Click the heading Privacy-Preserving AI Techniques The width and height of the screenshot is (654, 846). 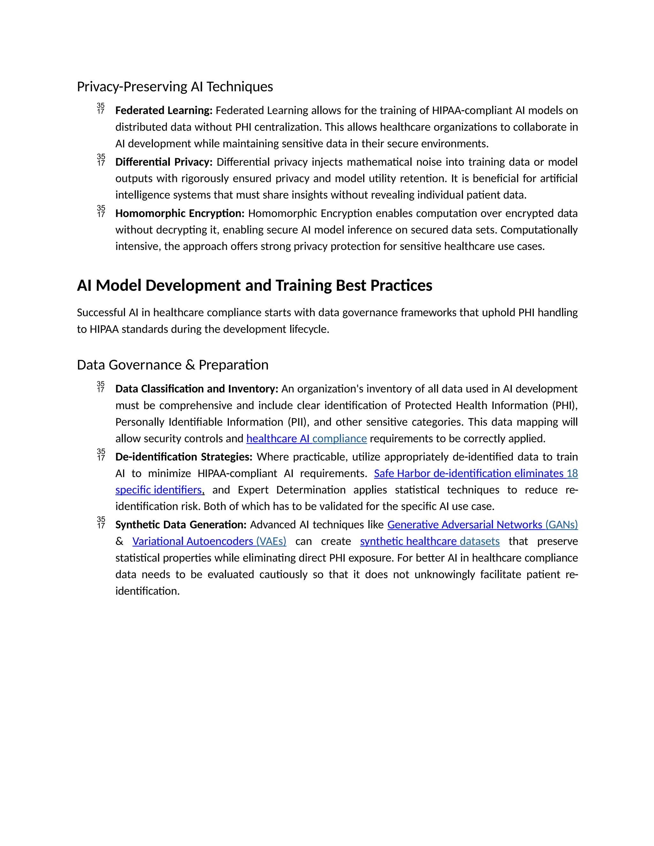(x=175, y=87)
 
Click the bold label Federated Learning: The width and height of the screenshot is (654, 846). (x=163, y=110)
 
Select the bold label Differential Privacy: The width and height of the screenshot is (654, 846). (x=164, y=162)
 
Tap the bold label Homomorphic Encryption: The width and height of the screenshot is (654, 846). (x=180, y=214)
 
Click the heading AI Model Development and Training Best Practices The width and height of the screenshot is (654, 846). (x=254, y=285)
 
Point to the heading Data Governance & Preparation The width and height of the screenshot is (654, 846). (x=172, y=365)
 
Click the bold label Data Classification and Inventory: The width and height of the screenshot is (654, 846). (x=197, y=389)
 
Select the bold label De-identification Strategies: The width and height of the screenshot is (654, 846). (x=184, y=457)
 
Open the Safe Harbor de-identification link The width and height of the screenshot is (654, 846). (x=475, y=473)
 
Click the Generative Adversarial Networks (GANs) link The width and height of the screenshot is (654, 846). (x=483, y=525)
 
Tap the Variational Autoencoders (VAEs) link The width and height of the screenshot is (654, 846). (x=209, y=541)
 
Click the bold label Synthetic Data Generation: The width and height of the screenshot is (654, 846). (x=180, y=525)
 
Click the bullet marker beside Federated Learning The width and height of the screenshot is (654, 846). (x=101, y=109)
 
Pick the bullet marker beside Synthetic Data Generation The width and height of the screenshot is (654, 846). (x=101, y=523)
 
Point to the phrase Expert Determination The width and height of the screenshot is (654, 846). (x=291, y=490)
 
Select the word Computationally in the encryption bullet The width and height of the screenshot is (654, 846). (x=538, y=230)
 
